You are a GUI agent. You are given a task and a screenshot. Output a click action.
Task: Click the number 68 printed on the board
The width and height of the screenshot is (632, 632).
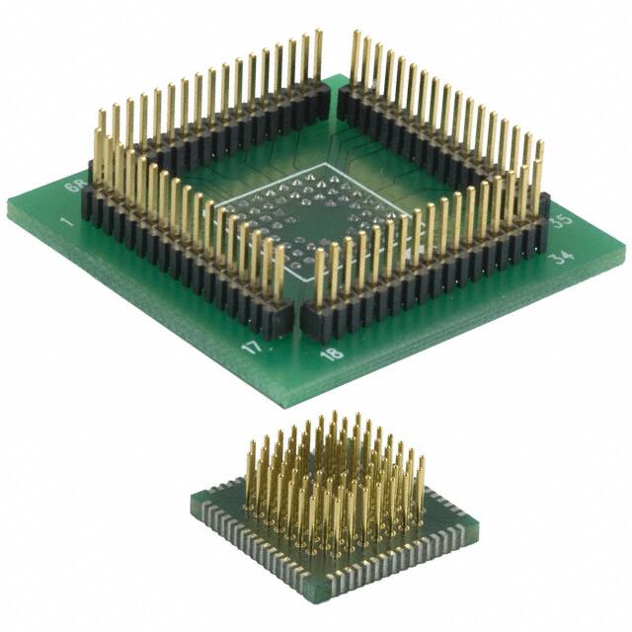pyautogui.click(x=72, y=186)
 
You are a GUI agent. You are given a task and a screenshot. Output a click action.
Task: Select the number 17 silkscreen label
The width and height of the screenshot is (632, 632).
pyautogui.click(x=251, y=349)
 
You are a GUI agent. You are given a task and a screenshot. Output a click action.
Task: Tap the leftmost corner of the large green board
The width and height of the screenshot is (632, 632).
pyautogui.click(x=9, y=209)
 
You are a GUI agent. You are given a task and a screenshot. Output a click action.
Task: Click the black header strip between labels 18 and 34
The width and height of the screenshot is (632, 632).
pyautogui.click(x=425, y=281)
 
